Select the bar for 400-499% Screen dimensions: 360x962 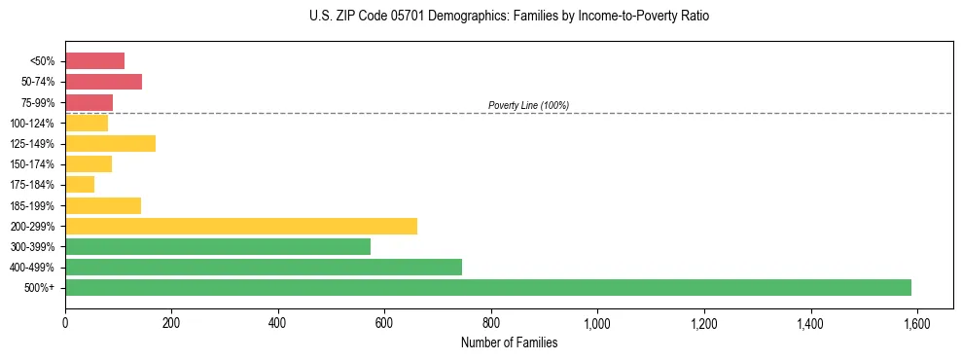click(x=264, y=267)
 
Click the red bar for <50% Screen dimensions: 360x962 click(x=94, y=61)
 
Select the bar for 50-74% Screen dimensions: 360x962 click(x=103, y=82)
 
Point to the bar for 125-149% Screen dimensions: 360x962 click(x=110, y=143)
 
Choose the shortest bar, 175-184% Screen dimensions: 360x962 click(x=80, y=185)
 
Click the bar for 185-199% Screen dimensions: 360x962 click(x=103, y=205)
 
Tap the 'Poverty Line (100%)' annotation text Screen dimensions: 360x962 click(x=528, y=105)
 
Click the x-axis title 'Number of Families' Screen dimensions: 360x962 click(x=509, y=342)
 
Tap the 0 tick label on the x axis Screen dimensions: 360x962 click(x=65, y=323)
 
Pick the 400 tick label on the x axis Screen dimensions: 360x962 click(x=278, y=323)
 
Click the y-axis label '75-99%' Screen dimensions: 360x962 click(x=41, y=103)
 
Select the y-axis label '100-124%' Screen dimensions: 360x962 click(x=38, y=124)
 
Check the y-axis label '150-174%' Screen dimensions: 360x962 click(x=38, y=164)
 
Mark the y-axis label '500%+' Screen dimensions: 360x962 click(x=43, y=288)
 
